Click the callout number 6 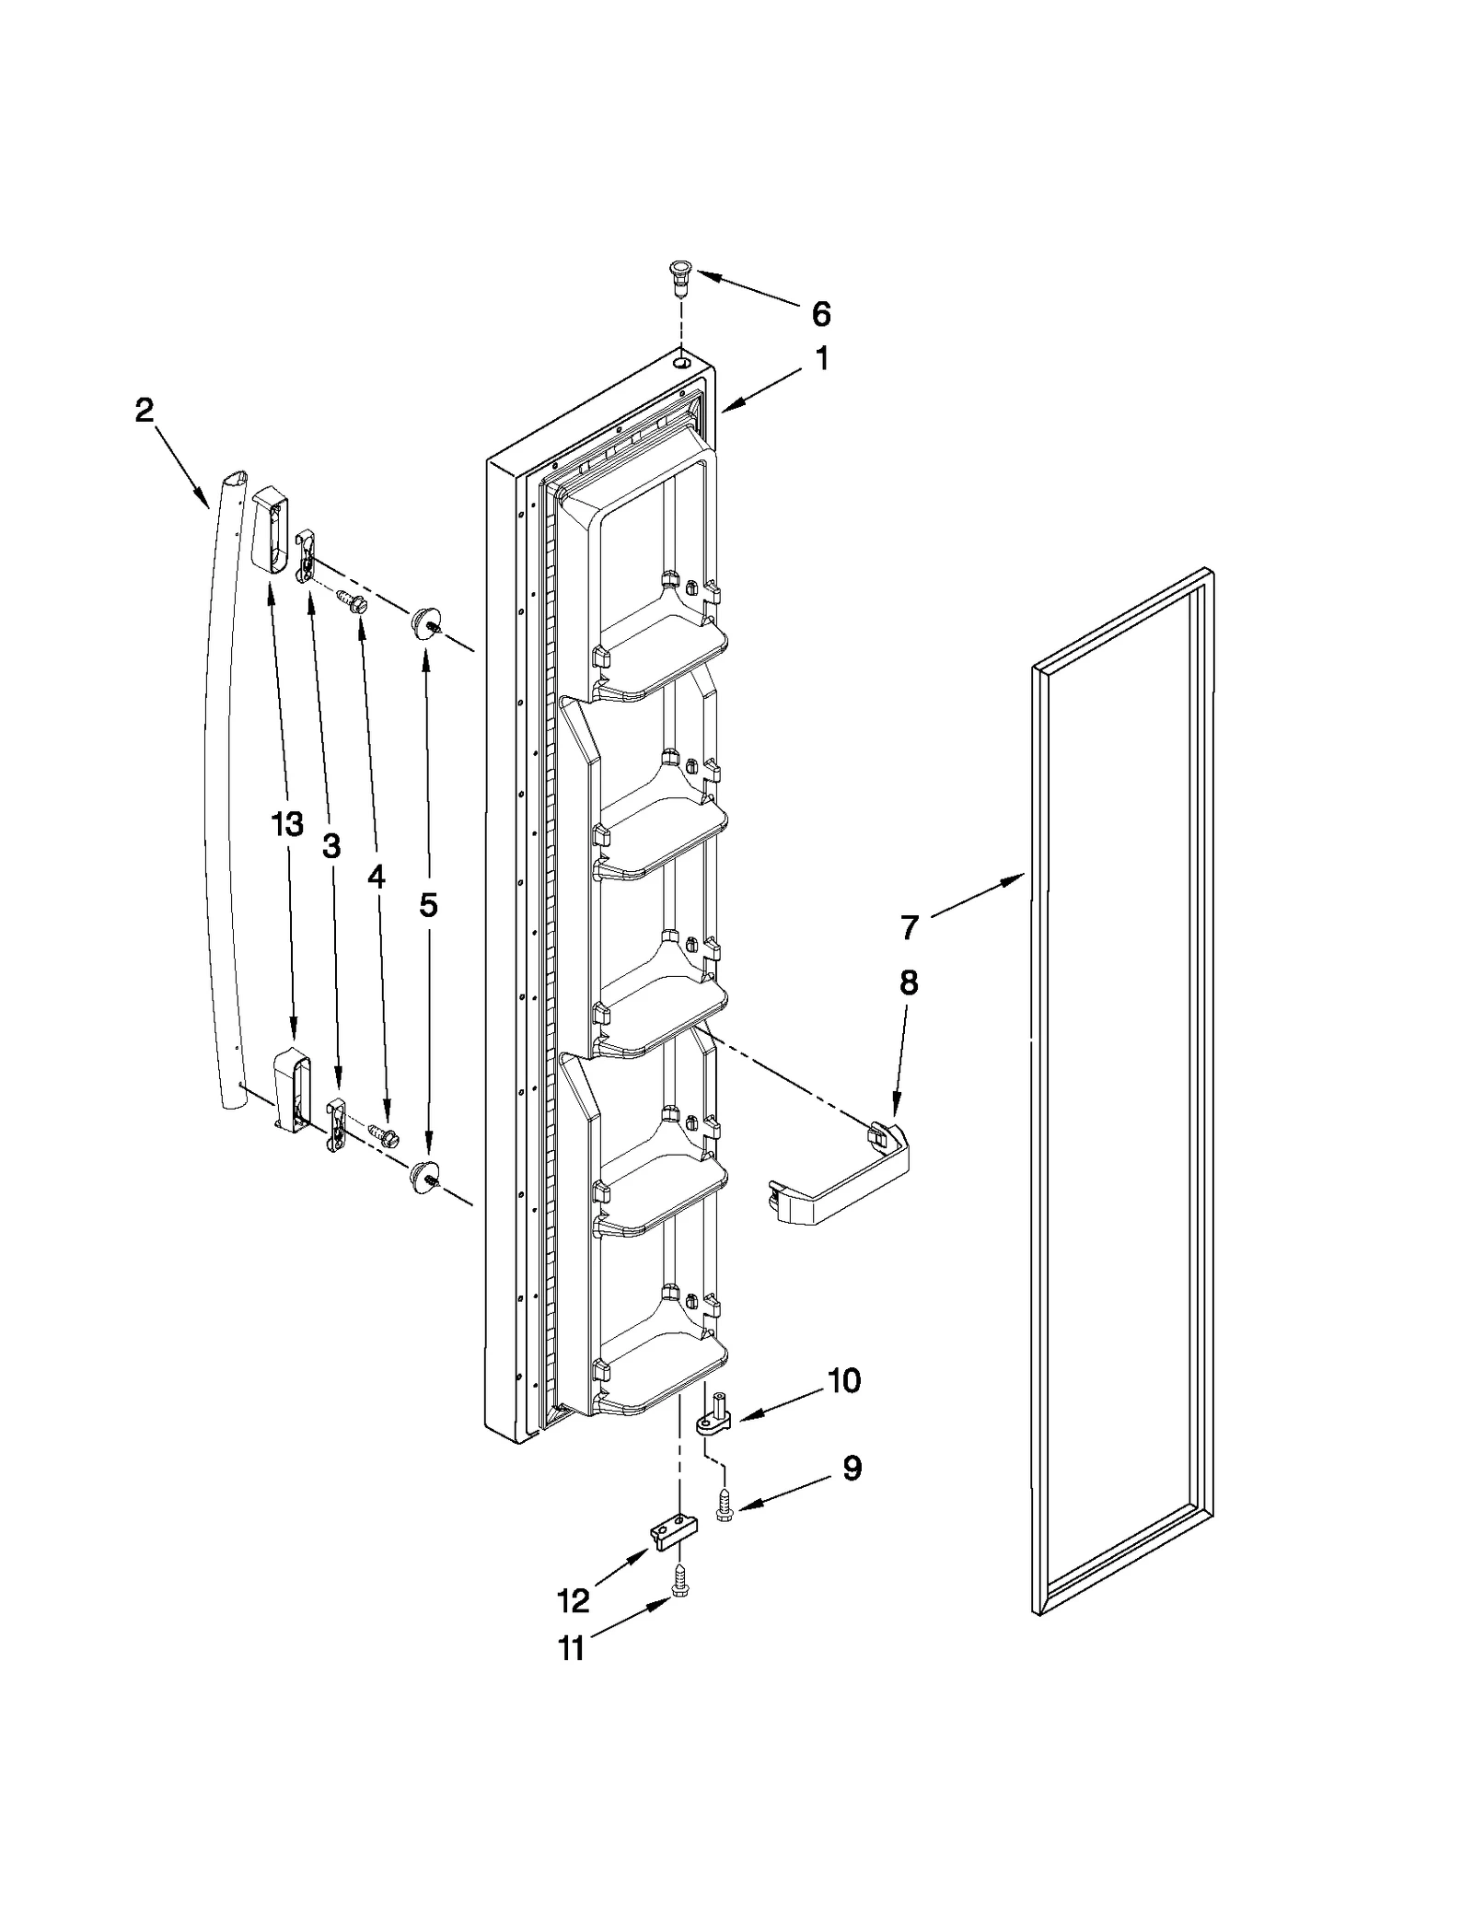tap(820, 314)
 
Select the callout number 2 tap(144, 410)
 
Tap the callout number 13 tap(287, 824)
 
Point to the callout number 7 tap(909, 927)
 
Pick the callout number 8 tap(908, 982)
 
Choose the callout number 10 tap(843, 1406)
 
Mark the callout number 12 tap(573, 1601)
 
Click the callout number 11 tap(571, 1648)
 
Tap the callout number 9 tap(852, 1469)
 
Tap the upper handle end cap tap(269, 531)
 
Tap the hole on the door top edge tap(682, 365)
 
